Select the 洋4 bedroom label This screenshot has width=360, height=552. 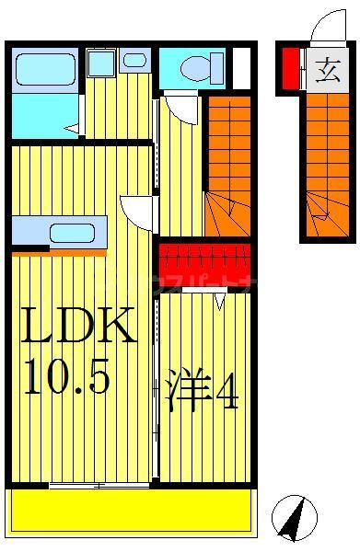203,391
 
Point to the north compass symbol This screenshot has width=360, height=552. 294,518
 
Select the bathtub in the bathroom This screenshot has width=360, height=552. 45,68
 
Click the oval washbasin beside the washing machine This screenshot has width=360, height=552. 134,61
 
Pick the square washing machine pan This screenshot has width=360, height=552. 101,63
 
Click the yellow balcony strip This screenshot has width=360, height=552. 131,510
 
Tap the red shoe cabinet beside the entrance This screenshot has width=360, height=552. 290,69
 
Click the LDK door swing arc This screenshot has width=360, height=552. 138,213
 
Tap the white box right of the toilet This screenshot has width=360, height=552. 241,67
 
